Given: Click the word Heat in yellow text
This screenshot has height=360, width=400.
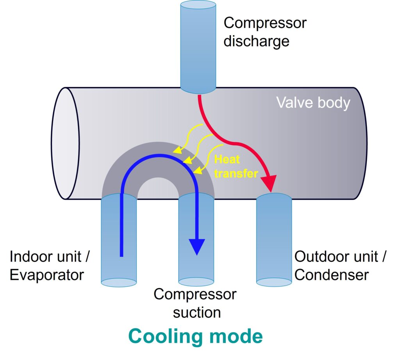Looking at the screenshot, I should click(227, 159).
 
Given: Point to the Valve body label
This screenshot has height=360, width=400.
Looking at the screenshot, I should click(313, 103).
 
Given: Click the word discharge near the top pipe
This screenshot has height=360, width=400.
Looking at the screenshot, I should click(256, 41).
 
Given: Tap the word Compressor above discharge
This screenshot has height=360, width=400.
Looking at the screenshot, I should click(265, 23).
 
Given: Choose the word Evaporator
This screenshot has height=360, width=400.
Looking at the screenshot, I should click(46, 275).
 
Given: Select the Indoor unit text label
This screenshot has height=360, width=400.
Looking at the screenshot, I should click(50, 257).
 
